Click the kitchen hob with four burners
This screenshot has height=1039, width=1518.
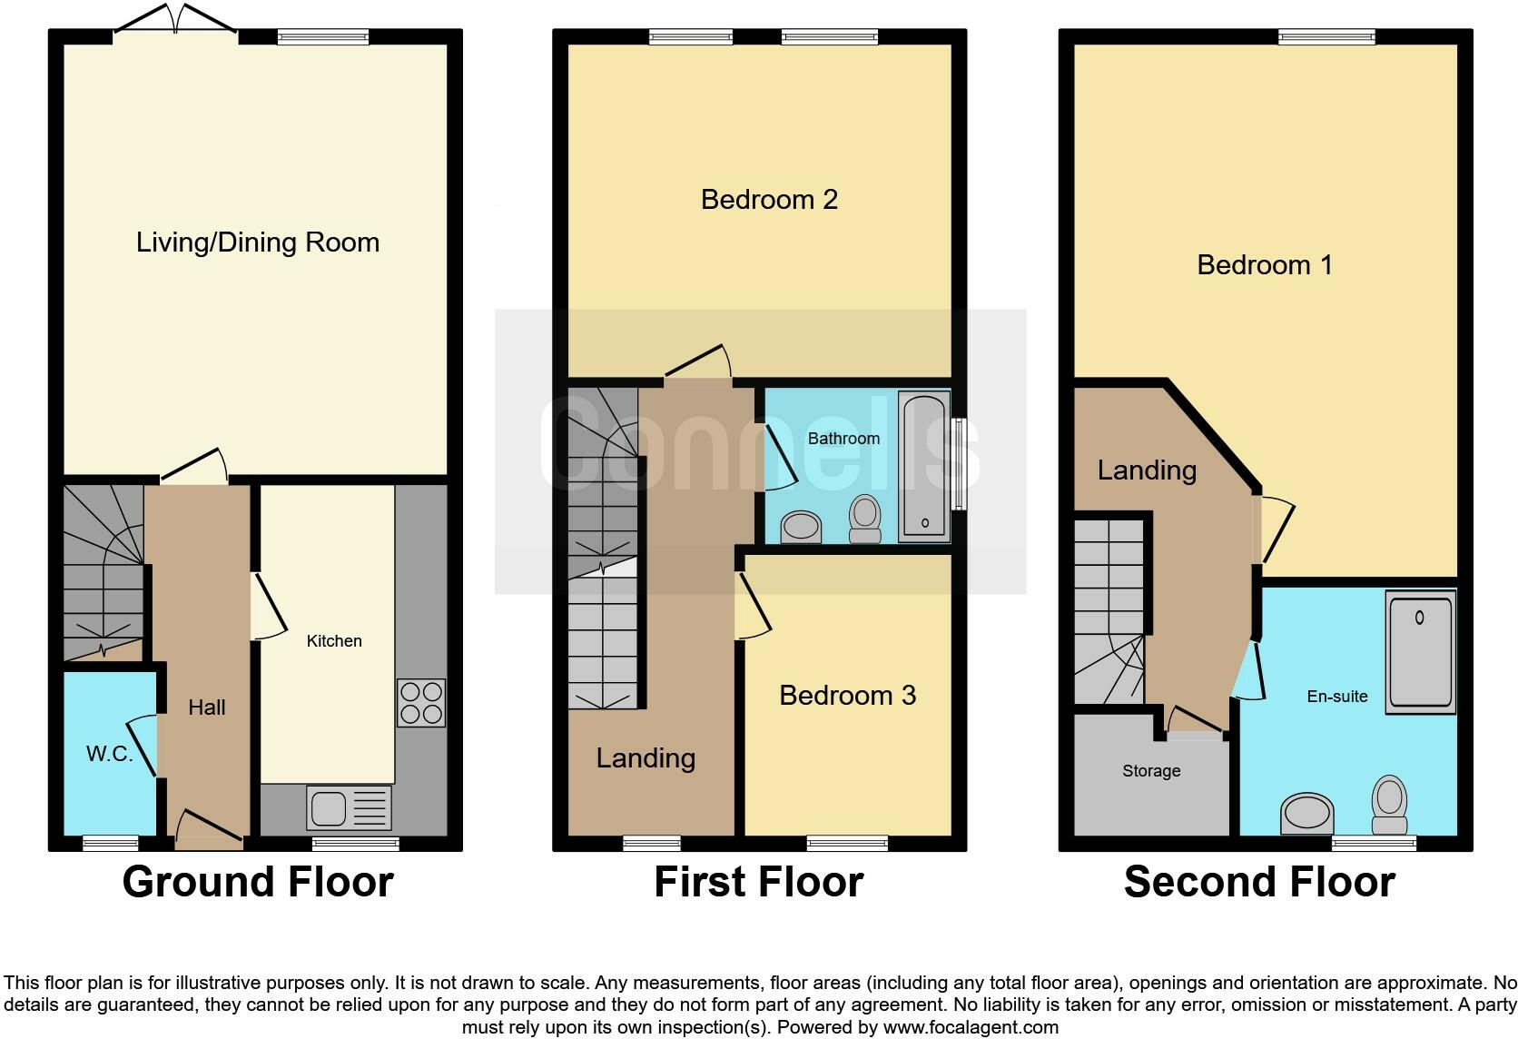(421, 702)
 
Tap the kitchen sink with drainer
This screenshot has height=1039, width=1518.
(350, 807)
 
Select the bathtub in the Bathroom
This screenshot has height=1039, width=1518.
(923, 466)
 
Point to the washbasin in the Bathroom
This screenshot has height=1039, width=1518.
(801, 526)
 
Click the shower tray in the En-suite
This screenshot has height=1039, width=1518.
(1420, 651)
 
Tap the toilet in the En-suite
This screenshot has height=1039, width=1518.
(1389, 804)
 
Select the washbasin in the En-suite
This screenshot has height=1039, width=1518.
(1307, 812)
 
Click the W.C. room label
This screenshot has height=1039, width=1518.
(109, 754)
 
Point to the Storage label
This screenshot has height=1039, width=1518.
(1151, 771)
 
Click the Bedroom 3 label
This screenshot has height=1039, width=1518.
(847, 696)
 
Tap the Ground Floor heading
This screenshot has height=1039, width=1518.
(258, 882)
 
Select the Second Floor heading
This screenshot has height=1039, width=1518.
(1259, 882)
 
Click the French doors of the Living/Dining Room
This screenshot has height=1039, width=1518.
(176, 22)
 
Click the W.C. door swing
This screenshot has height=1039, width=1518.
(143, 745)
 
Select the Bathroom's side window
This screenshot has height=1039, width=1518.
(959, 464)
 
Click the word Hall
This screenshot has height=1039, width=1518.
(207, 708)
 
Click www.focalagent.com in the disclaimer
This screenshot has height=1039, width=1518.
(971, 1027)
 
